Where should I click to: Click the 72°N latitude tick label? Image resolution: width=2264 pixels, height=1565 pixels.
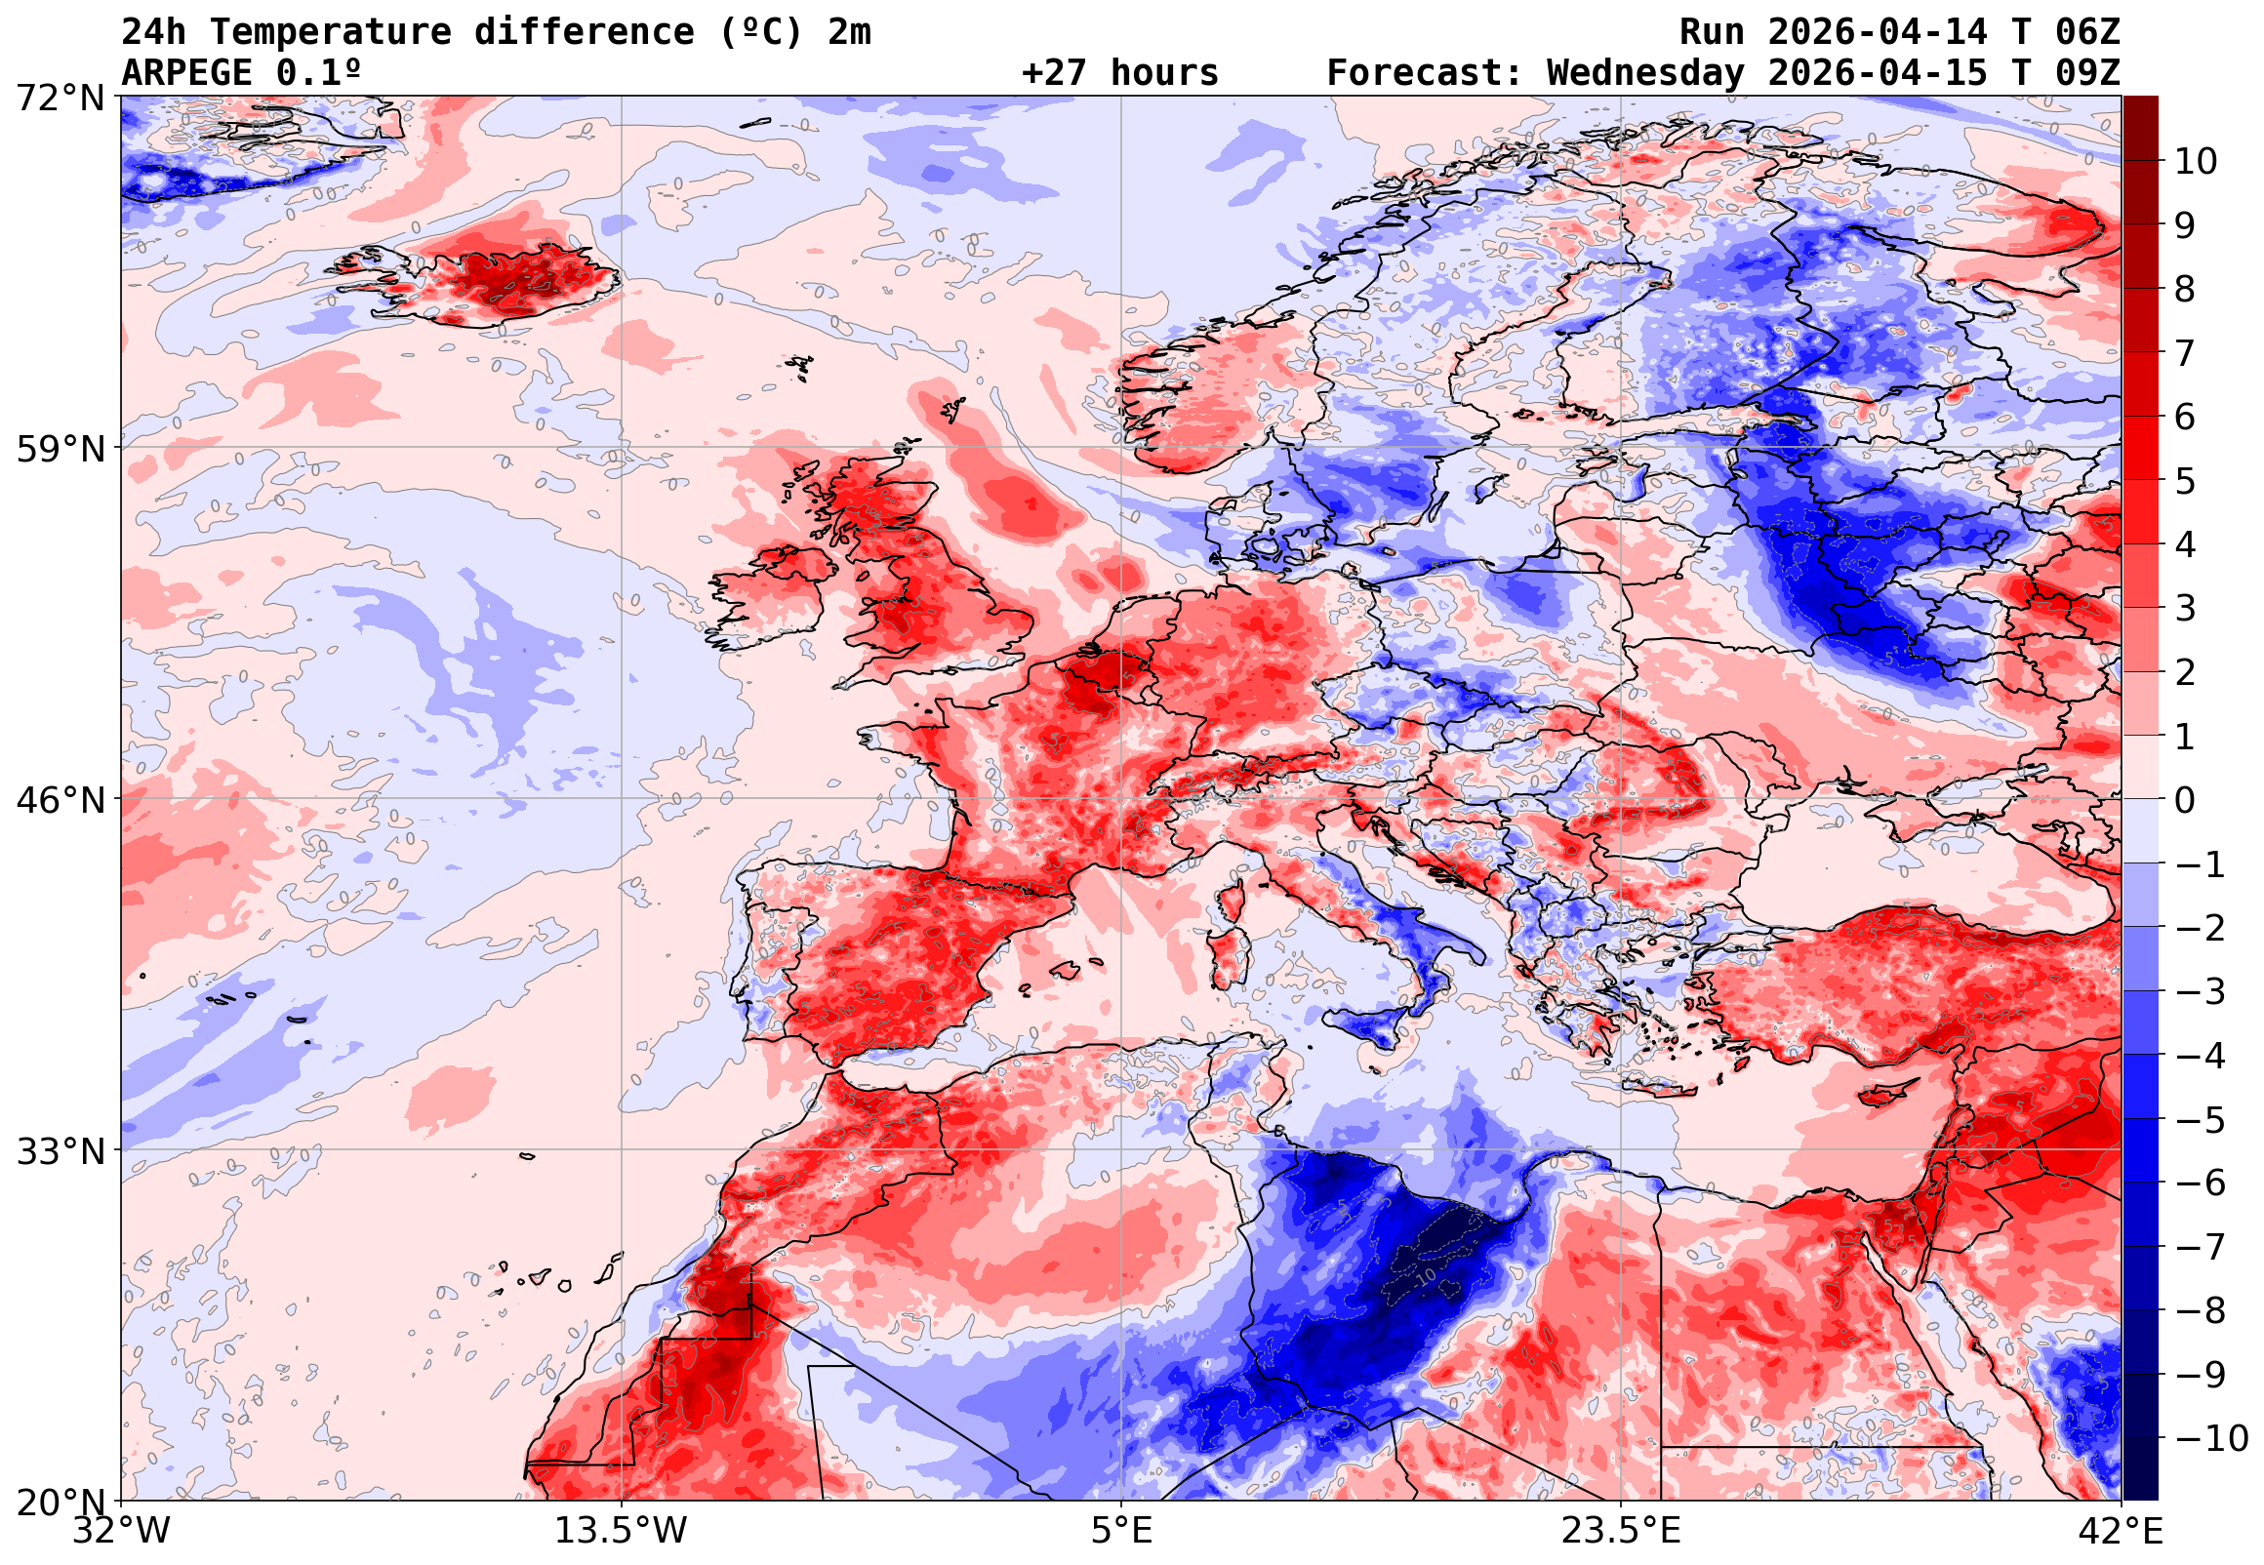tap(59, 99)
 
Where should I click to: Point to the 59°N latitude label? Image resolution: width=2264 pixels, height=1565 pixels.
tap(59, 449)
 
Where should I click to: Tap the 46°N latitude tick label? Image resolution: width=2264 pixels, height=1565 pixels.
tap(59, 800)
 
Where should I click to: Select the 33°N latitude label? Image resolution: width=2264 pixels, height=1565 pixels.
tap(59, 1151)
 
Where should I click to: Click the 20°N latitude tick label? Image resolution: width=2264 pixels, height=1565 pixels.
tap(59, 1503)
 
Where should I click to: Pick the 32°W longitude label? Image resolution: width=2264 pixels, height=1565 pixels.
tap(122, 1531)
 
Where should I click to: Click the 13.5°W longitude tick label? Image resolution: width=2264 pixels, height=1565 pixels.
tap(622, 1531)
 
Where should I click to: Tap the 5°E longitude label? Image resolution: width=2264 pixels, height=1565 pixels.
tap(1121, 1531)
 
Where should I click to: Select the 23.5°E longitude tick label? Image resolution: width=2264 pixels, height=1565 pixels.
tap(1621, 1531)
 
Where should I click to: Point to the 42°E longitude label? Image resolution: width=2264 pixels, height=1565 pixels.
tap(2121, 1531)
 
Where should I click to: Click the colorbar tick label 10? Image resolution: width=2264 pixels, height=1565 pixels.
tap(2196, 162)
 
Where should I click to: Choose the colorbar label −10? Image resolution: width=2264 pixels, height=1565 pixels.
tap(2211, 1438)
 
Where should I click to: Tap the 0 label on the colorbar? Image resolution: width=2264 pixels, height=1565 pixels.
tap(2185, 800)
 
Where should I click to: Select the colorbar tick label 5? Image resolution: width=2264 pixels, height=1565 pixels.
tap(2185, 481)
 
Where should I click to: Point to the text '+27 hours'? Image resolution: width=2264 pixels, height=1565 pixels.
tap(1119, 73)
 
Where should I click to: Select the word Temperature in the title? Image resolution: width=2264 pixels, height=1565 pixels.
tap(331, 32)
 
